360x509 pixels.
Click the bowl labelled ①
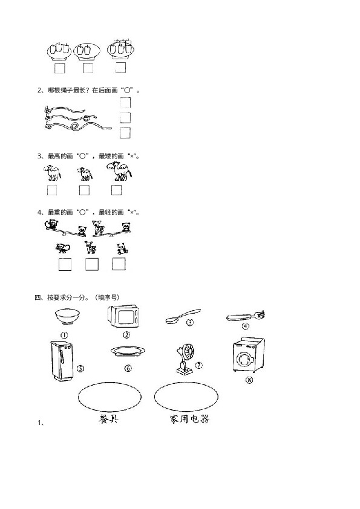point(67,317)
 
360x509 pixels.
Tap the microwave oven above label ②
point(124,316)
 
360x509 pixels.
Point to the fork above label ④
point(245,317)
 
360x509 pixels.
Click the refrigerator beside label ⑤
point(62,360)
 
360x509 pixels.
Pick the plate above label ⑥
point(128,352)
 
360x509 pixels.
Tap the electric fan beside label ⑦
point(185,358)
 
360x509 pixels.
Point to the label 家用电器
point(189,419)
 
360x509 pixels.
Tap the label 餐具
point(108,419)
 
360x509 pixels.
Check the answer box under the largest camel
point(116,190)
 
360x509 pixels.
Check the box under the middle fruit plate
point(88,68)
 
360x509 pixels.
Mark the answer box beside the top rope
point(125,103)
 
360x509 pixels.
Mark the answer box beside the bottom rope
point(125,133)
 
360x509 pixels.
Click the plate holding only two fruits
point(87,51)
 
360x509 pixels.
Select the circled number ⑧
point(249,380)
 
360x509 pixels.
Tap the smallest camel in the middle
point(85,174)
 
